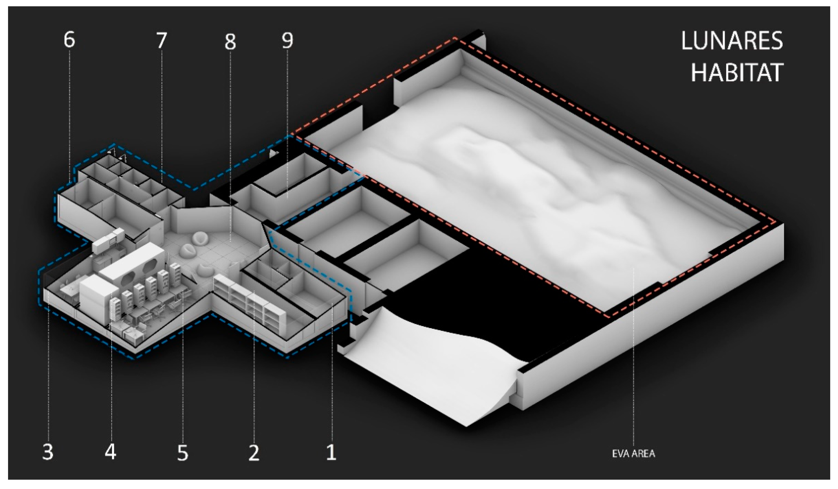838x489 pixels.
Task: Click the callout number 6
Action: tap(69, 40)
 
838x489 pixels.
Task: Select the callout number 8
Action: tap(230, 42)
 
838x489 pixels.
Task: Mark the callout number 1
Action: tap(331, 452)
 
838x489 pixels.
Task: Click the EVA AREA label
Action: tap(633, 454)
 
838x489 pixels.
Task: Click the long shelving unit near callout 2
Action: tap(249, 299)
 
